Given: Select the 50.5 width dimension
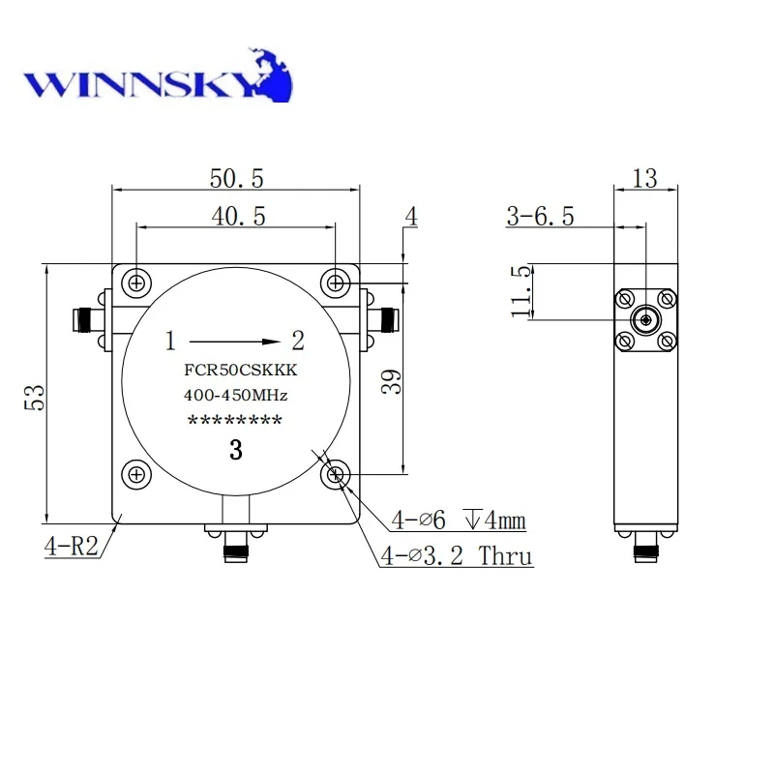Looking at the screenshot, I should click(x=237, y=177).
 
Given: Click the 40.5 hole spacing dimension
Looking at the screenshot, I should click(x=237, y=216).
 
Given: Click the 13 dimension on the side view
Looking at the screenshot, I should click(x=644, y=178).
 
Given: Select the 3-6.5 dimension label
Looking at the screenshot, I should click(x=540, y=216).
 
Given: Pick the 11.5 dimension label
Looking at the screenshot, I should click(x=521, y=292).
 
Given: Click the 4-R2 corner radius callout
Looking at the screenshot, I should click(x=71, y=546).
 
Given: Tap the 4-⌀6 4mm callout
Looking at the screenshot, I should click(x=459, y=521).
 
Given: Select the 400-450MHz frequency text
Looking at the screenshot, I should click(x=236, y=395).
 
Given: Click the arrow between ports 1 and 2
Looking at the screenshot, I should click(x=232, y=341).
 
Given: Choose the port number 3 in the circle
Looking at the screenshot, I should click(x=235, y=449).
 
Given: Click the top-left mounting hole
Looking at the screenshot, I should click(x=137, y=283).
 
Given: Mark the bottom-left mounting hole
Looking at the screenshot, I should click(x=137, y=474).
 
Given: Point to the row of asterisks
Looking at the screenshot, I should click(x=235, y=421).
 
